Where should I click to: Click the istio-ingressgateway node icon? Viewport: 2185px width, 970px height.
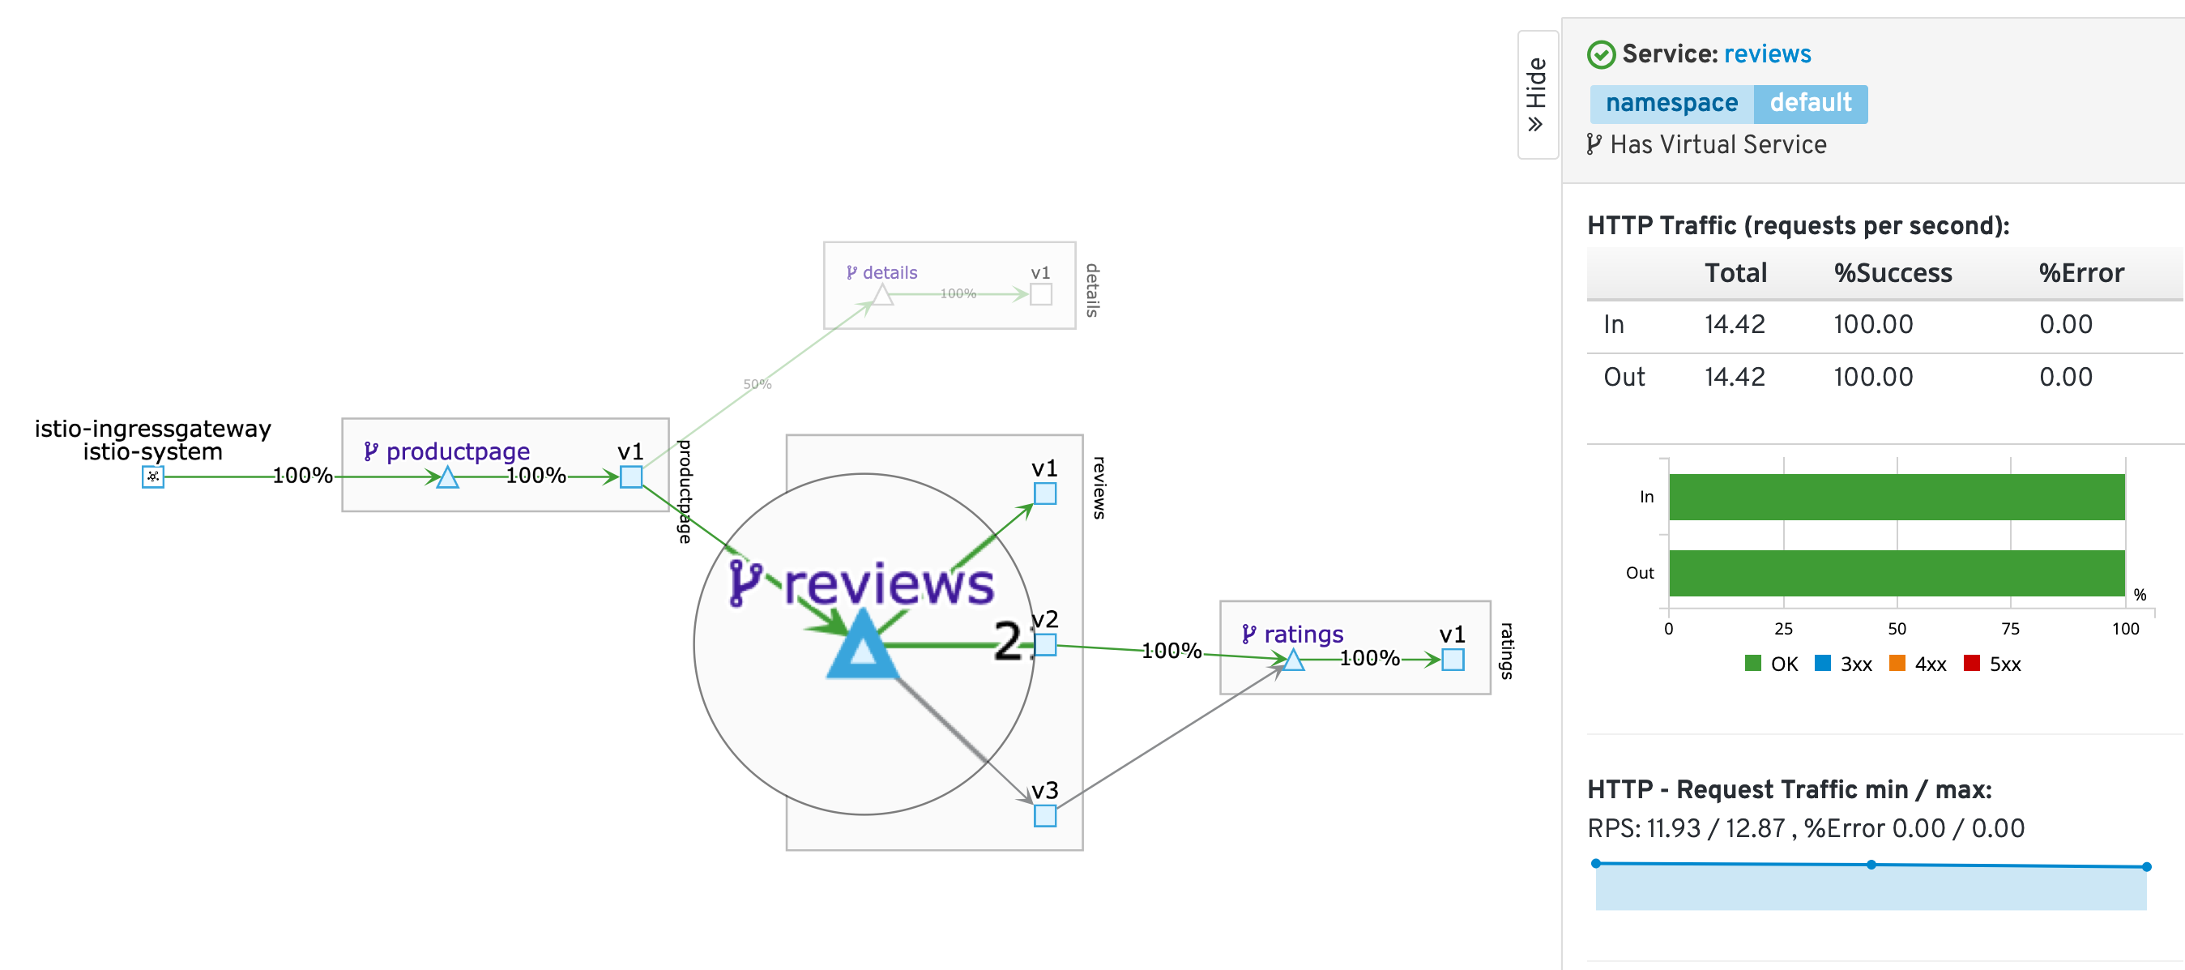tap(152, 476)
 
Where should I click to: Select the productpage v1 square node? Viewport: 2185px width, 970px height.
tap(630, 476)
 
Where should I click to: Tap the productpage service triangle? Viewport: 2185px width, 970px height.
tap(447, 478)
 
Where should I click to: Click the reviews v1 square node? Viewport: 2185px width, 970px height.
tap(1044, 493)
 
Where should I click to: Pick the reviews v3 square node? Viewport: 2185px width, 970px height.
tap(1044, 815)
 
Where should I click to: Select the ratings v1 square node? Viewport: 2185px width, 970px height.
tap(1452, 660)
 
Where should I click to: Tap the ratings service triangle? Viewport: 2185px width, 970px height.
tap(1293, 660)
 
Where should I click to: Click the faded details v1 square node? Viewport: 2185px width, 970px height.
tap(1041, 294)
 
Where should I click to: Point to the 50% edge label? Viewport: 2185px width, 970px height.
tap(757, 384)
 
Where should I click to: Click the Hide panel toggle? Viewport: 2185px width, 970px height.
tap(1536, 94)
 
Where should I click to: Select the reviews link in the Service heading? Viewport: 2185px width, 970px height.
tap(1767, 54)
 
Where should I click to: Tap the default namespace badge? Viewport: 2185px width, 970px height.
tap(1810, 104)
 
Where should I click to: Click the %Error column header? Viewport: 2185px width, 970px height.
tap(2080, 273)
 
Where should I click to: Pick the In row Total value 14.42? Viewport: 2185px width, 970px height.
tap(1734, 324)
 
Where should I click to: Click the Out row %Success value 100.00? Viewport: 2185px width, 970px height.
tap(1873, 377)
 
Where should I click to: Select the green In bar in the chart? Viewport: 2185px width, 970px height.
tap(1896, 497)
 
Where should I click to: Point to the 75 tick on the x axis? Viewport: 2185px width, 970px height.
tap(2009, 629)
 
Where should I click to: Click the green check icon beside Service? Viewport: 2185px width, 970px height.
tap(1601, 55)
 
